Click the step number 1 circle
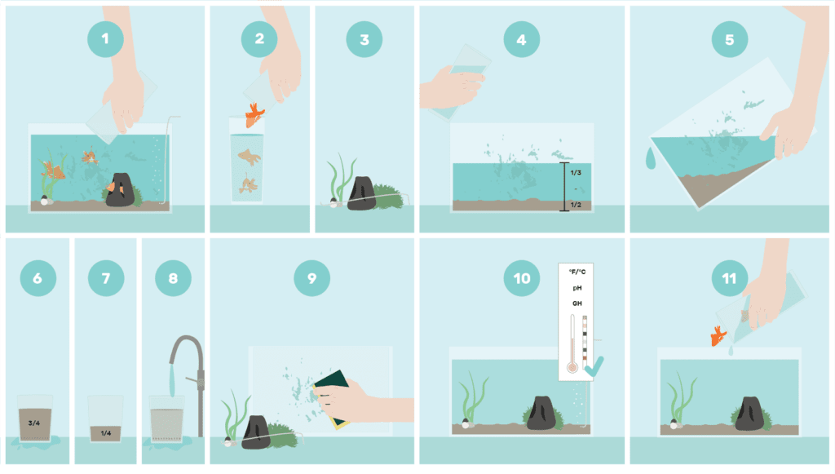click(105, 38)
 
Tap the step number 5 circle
click(729, 38)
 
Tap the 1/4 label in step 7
click(104, 433)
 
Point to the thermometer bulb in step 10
click(572, 368)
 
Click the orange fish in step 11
click(719, 335)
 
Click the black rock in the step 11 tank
click(749, 413)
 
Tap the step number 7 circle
click(105, 278)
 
